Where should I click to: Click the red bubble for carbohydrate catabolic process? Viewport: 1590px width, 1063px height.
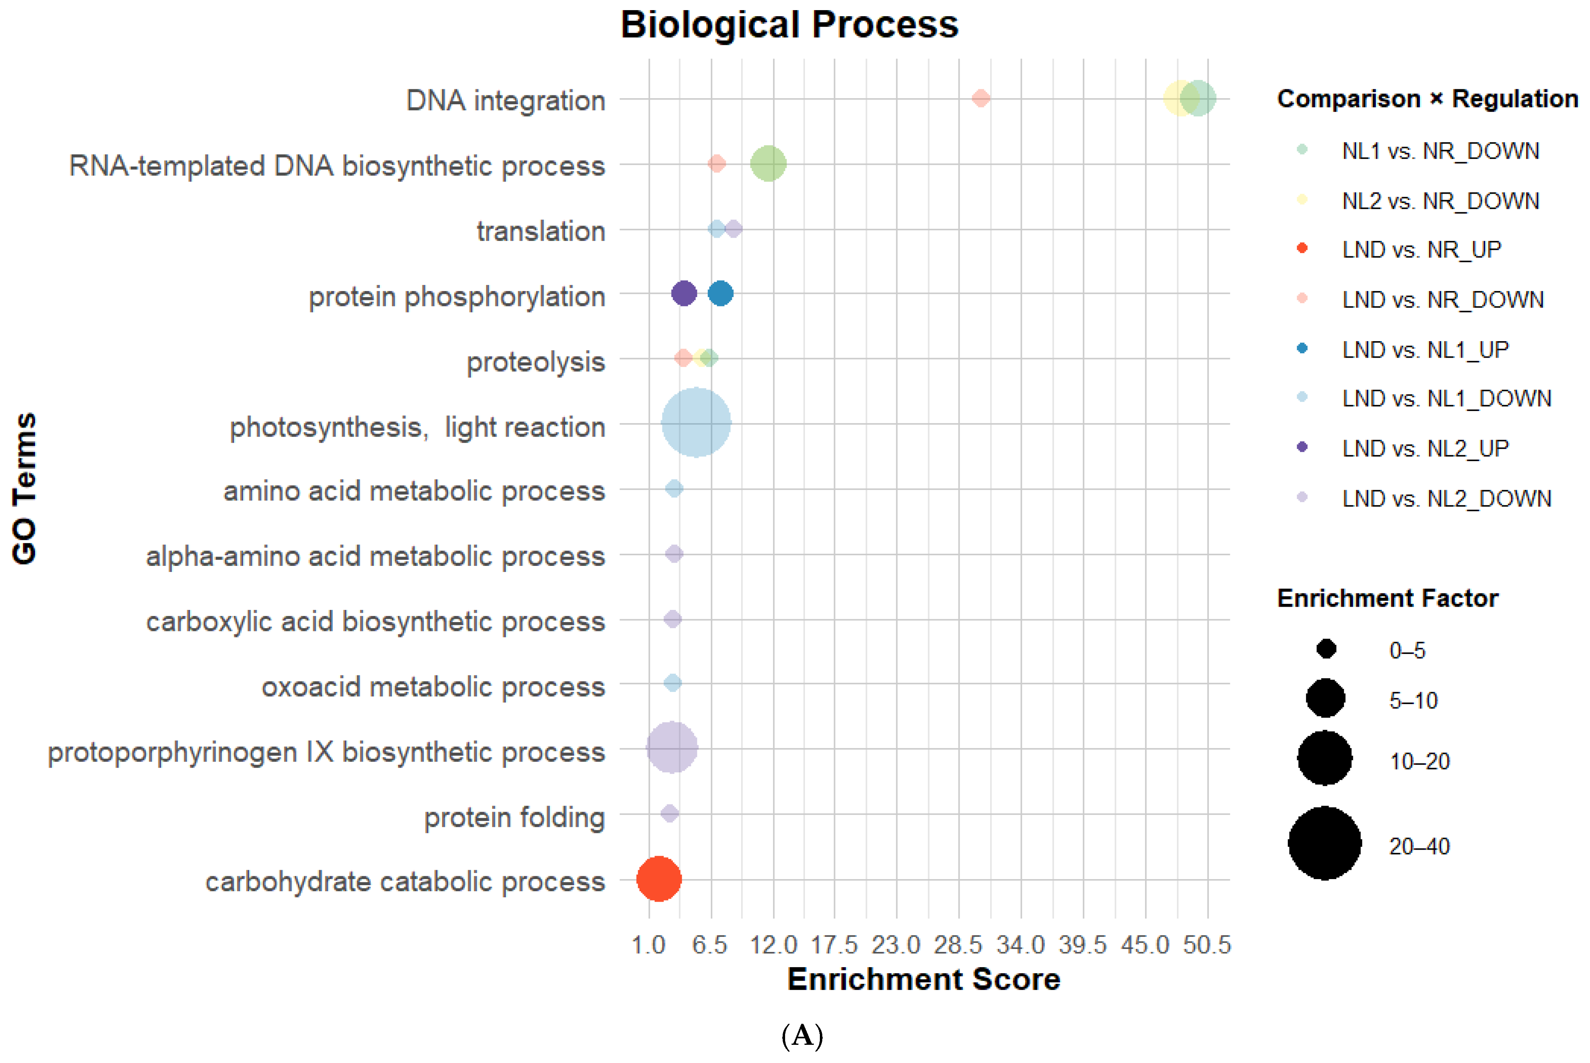tap(658, 879)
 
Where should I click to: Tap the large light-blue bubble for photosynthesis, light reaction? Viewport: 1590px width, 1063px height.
tap(696, 423)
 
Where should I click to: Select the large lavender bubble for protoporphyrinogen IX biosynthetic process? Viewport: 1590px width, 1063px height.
tap(672, 748)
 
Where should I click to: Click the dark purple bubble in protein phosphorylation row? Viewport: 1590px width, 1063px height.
tap(684, 293)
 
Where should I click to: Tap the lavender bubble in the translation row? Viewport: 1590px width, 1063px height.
tap(733, 228)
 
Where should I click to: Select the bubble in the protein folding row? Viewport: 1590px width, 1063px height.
tap(670, 813)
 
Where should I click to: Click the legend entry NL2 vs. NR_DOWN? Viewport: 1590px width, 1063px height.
tap(1440, 200)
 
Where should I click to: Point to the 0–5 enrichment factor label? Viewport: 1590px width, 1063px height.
tap(1407, 651)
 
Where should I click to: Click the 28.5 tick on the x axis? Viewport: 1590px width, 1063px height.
tap(958, 944)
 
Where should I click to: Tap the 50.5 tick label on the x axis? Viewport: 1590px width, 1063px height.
tap(1207, 944)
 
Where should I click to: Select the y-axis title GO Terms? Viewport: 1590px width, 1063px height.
tap(24, 488)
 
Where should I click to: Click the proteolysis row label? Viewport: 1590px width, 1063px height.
tap(535, 361)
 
